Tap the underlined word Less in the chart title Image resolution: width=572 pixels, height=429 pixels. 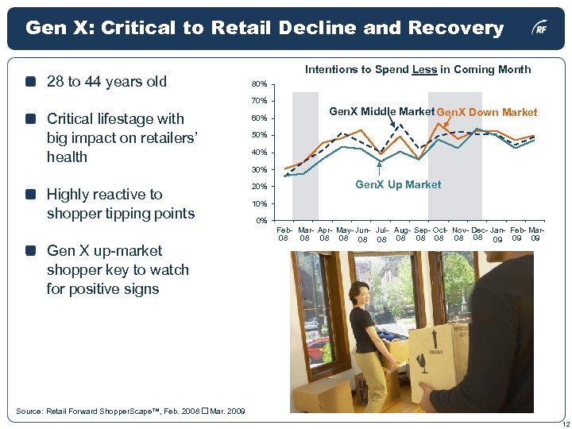pos(424,70)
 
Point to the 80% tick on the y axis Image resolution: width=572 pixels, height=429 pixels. pos(258,84)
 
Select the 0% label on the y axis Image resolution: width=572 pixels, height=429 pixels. pos(261,220)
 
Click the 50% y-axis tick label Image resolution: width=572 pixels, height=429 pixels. pos(258,136)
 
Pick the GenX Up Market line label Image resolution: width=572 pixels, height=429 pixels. pos(398,185)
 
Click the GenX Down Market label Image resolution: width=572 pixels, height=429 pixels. pos(487,112)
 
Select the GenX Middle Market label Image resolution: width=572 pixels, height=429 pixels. pos(385,111)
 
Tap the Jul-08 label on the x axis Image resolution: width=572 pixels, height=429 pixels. pos(381,234)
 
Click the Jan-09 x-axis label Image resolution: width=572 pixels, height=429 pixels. pos(497,234)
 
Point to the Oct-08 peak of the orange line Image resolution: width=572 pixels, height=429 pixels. pos(441,122)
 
